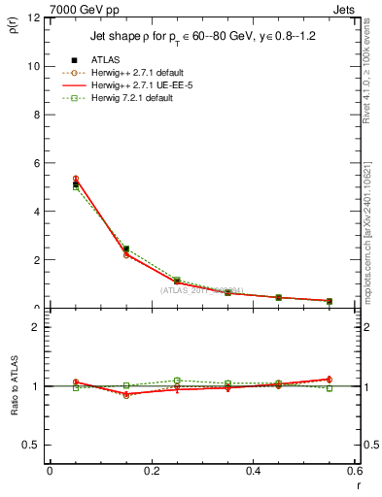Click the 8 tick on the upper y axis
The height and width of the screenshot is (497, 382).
tap(36, 115)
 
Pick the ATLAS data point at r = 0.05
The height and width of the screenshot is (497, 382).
tap(75, 183)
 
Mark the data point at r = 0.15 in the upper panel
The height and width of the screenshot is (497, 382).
tap(125, 249)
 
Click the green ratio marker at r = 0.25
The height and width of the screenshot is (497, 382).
tap(177, 381)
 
